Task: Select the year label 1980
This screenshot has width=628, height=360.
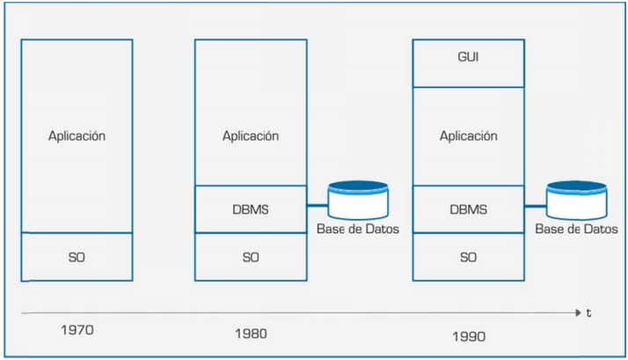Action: pos(251,334)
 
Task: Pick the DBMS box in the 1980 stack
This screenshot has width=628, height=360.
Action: pos(250,209)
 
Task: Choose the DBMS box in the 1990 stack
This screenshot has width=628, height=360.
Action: pos(468,209)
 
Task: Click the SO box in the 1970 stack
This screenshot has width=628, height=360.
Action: pos(77,257)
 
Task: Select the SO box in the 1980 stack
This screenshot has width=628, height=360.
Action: pos(250,257)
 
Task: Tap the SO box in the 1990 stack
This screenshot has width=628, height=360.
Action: pos(468,257)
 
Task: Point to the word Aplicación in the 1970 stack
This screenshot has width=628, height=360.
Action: pos(77,136)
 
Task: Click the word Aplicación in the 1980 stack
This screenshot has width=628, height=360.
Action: pos(250,136)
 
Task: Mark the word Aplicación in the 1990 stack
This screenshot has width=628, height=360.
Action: pos(468,136)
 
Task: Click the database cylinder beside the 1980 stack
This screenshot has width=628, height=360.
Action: pos(357,200)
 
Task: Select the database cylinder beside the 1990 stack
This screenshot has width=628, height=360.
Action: pos(576,200)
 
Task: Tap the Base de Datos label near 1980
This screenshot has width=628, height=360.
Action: pos(357,230)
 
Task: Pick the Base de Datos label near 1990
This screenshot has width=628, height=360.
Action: pos(576,230)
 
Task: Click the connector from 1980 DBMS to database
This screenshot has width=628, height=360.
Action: pos(317,205)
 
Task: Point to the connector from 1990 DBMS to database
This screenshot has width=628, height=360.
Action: pos(535,205)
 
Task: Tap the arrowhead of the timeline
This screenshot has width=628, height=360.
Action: pos(577,312)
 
